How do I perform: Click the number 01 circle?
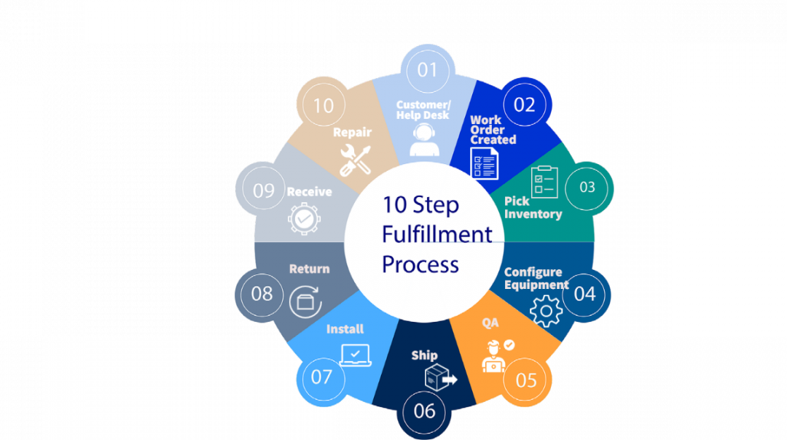point(428,70)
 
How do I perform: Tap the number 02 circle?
point(525,104)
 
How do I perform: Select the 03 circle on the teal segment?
point(587,187)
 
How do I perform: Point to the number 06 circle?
point(424,411)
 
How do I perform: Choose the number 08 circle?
point(262,294)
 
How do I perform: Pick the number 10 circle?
point(323,106)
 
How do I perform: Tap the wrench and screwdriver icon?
point(355,160)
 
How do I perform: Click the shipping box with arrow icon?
point(439,379)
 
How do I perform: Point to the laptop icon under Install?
point(356,355)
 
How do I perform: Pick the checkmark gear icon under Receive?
point(303,218)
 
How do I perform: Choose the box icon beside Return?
point(305,301)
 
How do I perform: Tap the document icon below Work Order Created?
point(484,163)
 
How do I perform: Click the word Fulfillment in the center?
point(436,234)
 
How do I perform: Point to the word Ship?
point(424,355)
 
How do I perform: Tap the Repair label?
point(353,133)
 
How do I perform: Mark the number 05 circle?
point(526,380)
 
